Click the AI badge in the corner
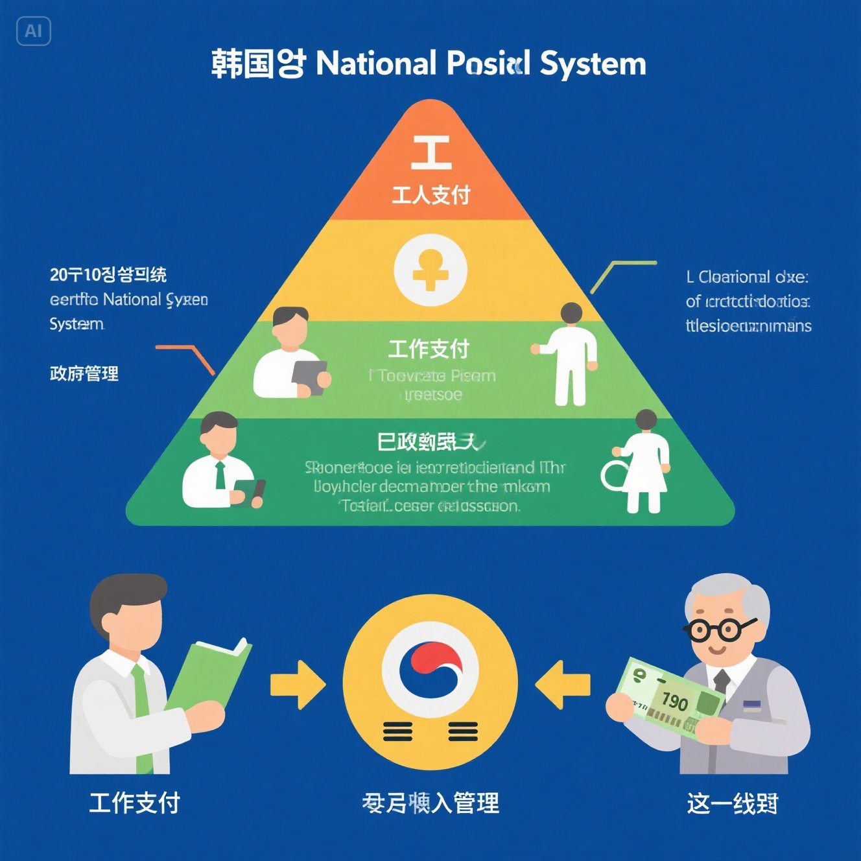coord(33,31)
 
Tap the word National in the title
coord(376,64)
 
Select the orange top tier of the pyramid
coord(430,169)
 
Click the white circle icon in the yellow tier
coord(430,270)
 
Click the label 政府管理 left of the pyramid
coord(84,373)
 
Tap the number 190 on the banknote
coord(674,702)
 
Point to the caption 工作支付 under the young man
coord(134,803)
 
